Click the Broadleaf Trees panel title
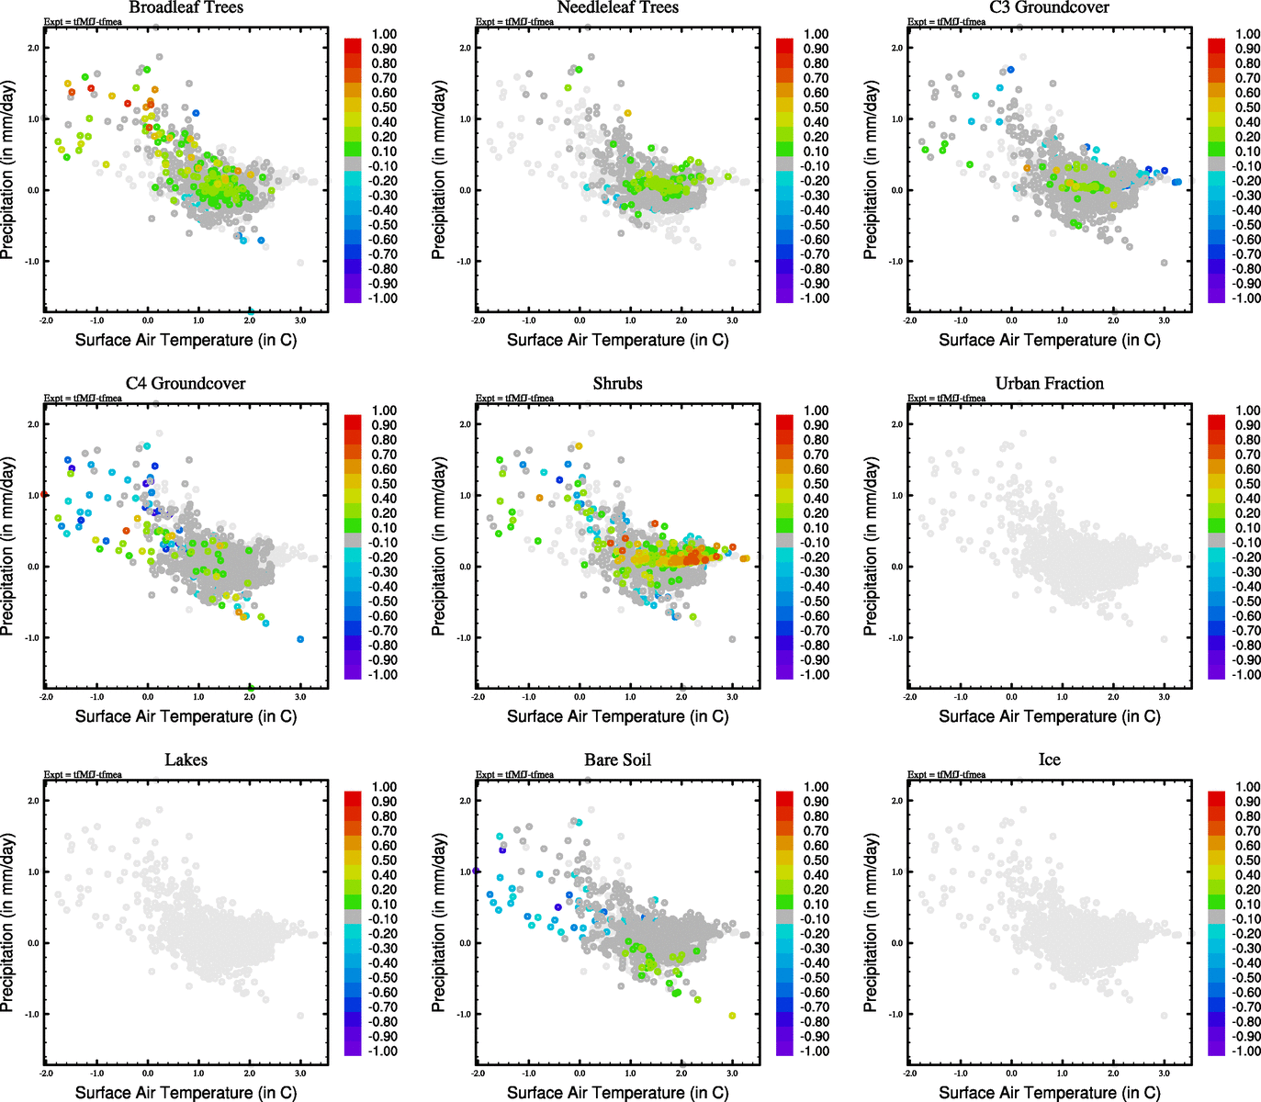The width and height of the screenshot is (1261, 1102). point(186,7)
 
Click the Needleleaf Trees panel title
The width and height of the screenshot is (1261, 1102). point(617,7)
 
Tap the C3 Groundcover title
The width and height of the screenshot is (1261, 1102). point(1049,7)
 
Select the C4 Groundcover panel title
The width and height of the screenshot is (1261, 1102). point(186,384)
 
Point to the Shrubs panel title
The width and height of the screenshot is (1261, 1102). point(617,384)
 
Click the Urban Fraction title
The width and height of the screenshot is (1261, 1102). point(1049,384)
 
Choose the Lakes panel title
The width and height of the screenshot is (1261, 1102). point(186,760)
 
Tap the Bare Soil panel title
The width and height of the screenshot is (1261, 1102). point(617,760)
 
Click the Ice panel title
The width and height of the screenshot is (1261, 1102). point(1049,760)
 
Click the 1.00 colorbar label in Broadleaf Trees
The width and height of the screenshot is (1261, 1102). point(384,34)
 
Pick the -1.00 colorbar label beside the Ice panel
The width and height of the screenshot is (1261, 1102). point(1245,1051)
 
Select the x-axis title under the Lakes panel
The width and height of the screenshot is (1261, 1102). point(186,1092)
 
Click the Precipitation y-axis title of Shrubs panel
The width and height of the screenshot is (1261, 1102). point(439,547)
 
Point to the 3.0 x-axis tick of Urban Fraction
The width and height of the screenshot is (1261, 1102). point(1164,697)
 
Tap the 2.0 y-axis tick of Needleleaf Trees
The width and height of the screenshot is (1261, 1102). point(465,48)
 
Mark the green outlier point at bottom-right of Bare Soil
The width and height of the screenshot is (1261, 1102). point(732,1015)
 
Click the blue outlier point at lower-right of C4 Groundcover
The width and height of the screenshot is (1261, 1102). point(300,639)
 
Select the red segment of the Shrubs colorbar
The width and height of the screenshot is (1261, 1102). point(784,422)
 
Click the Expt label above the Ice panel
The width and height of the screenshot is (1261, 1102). point(946,774)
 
